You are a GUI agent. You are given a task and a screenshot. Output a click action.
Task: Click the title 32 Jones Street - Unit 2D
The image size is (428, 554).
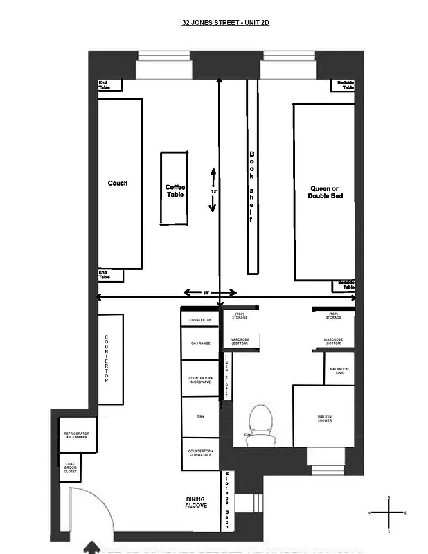(x=225, y=22)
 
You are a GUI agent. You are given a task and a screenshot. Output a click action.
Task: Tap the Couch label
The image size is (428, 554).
(x=118, y=184)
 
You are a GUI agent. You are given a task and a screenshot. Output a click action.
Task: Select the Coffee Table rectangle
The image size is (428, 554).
(x=175, y=188)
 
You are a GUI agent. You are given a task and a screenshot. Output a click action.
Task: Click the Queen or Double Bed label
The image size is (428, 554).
(x=325, y=193)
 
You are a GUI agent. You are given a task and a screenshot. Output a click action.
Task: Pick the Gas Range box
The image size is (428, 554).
(x=200, y=343)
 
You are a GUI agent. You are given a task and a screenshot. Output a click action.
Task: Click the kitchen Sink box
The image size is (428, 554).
(x=200, y=417)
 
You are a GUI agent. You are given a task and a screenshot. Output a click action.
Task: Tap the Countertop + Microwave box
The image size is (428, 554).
(x=200, y=379)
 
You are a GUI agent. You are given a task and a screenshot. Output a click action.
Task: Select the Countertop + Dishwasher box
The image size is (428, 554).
(x=200, y=454)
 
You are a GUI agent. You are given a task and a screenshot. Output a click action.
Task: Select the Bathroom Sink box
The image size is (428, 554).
(x=339, y=370)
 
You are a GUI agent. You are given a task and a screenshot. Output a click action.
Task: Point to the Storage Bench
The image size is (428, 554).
(x=225, y=501)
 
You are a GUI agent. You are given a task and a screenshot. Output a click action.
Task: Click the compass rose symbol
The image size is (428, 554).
(x=389, y=512)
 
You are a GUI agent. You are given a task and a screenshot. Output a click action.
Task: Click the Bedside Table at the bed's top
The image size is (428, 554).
(x=345, y=85)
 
